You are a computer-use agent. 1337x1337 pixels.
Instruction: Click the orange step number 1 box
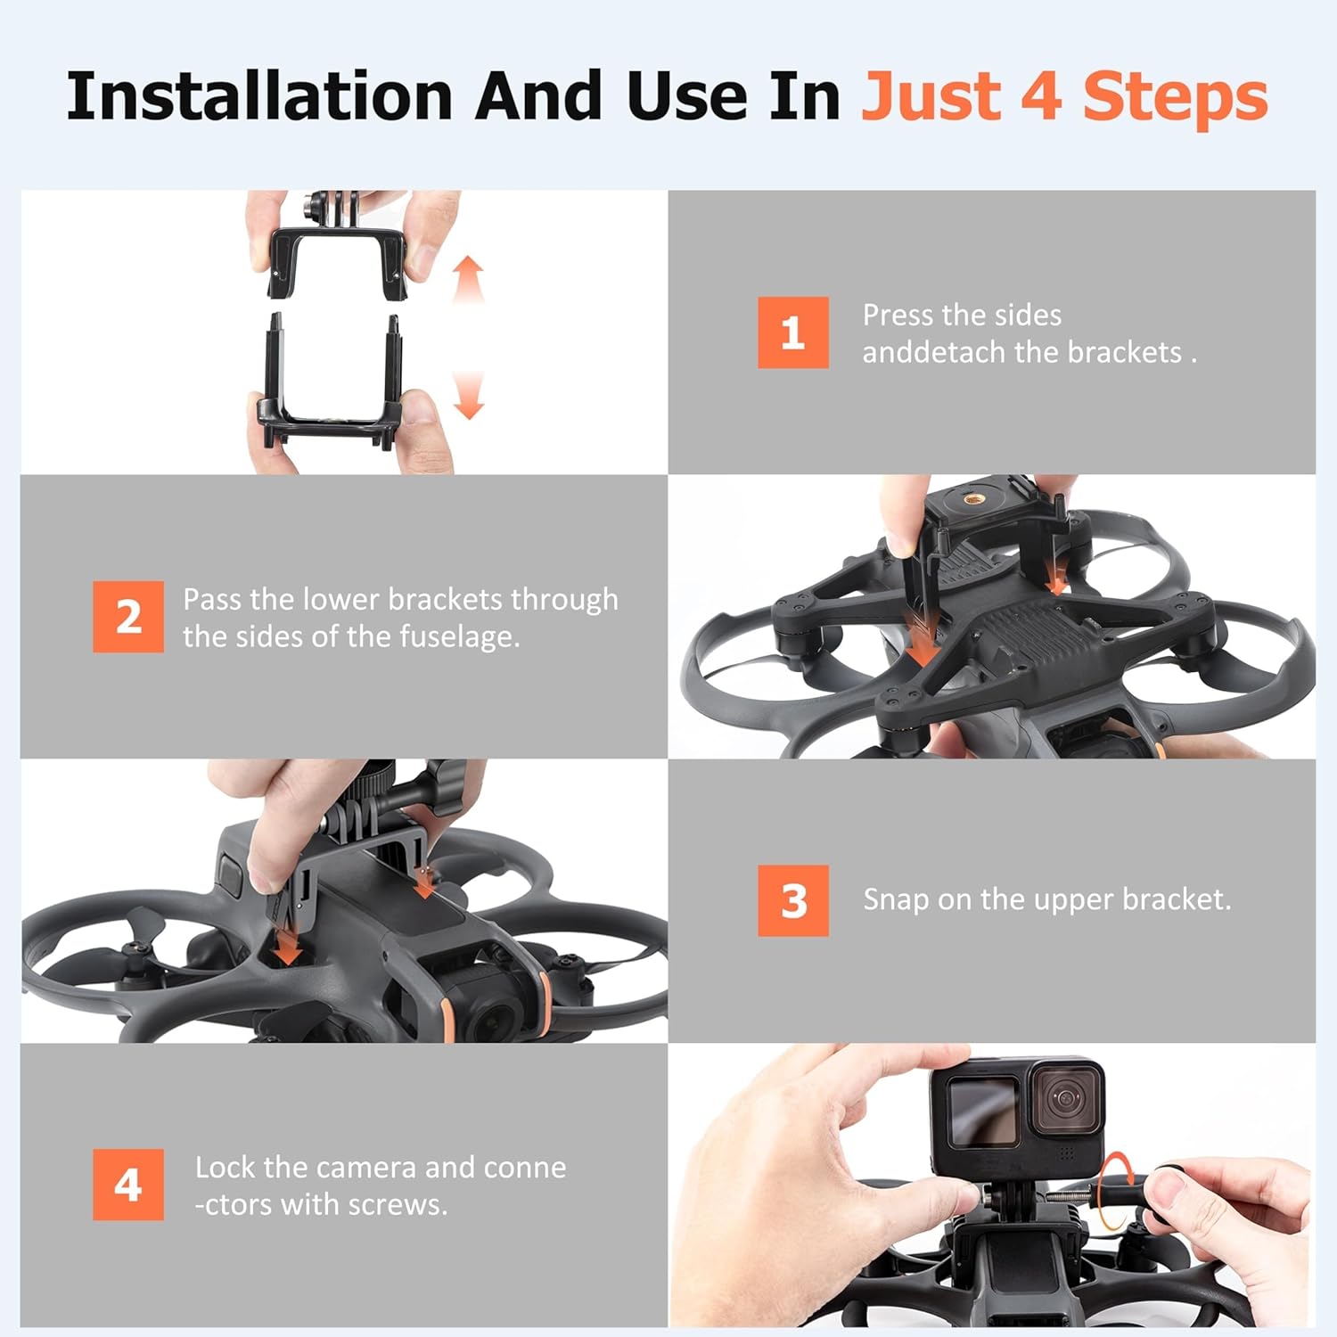[x=792, y=332]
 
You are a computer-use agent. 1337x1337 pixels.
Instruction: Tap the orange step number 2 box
[x=128, y=617]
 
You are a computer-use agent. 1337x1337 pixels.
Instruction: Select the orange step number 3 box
[x=792, y=900]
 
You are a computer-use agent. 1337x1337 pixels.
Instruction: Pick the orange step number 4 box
[x=128, y=1185]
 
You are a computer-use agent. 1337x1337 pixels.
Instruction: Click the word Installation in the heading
[x=260, y=95]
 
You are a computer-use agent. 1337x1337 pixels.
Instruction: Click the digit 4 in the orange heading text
[x=1040, y=96]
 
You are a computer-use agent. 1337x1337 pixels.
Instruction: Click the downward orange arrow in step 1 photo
[x=469, y=395]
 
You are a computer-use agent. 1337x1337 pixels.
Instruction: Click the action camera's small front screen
[x=982, y=1111]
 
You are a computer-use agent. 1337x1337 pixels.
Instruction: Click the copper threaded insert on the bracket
[x=972, y=497]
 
